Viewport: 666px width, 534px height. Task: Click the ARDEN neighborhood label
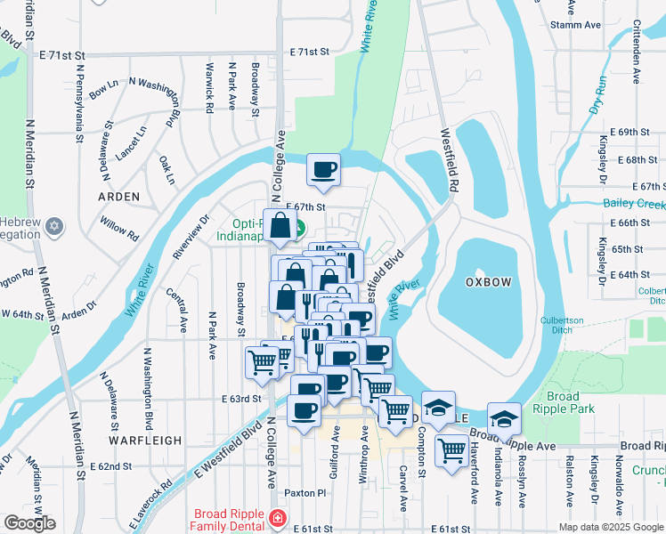coord(118,196)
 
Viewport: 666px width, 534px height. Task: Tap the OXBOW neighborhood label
coord(488,282)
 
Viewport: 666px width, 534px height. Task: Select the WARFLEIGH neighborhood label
coord(145,441)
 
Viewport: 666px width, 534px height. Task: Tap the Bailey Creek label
coord(634,205)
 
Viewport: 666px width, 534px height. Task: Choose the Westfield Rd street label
coord(450,160)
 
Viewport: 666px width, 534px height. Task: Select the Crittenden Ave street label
coord(637,53)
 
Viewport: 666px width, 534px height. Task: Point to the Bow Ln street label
coord(103,88)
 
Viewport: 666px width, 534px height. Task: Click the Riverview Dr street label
coord(190,237)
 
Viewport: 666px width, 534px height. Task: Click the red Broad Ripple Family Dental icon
coord(279,517)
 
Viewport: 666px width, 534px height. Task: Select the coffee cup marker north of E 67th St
coord(323,168)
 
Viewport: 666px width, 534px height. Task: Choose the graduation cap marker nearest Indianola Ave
coord(503,418)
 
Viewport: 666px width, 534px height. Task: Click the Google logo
coord(29,523)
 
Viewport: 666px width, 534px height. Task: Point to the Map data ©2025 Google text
coord(610,527)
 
